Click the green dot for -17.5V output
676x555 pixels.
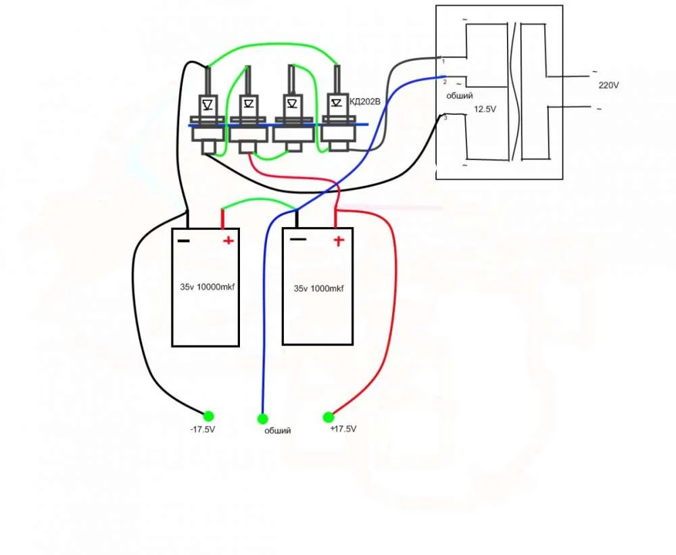point(208,416)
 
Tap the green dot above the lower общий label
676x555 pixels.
point(262,418)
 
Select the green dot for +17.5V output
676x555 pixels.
point(329,416)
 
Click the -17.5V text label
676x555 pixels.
point(202,430)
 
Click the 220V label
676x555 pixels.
point(608,86)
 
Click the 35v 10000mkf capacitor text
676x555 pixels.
point(207,287)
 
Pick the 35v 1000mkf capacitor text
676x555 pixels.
point(318,289)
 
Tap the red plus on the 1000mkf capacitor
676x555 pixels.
point(337,241)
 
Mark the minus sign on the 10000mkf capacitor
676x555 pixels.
point(184,240)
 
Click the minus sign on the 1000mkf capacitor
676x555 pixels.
point(298,239)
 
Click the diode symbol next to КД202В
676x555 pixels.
point(336,103)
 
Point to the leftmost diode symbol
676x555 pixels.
point(208,104)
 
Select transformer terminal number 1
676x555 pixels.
point(443,62)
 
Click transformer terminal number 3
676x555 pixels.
point(445,118)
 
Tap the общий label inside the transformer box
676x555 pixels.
point(459,96)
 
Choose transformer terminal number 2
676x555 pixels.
point(445,81)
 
